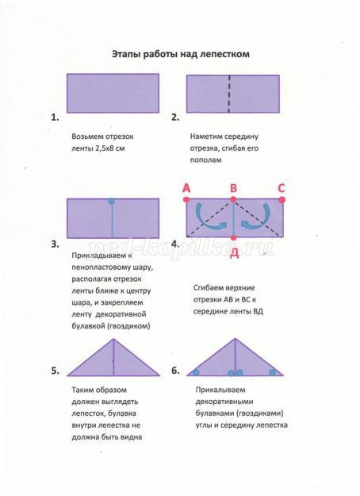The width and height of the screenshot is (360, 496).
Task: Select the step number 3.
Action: coord(55,244)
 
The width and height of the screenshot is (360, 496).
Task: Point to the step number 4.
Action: coord(175,243)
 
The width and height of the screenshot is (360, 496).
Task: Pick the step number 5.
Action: coord(55,371)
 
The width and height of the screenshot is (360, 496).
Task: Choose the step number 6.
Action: coord(175,371)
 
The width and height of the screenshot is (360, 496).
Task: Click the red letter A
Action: coord(186,188)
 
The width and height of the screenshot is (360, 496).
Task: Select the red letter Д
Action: coord(234,252)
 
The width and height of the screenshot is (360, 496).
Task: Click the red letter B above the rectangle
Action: coord(234,188)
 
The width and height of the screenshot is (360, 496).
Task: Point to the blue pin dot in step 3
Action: coord(112,201)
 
